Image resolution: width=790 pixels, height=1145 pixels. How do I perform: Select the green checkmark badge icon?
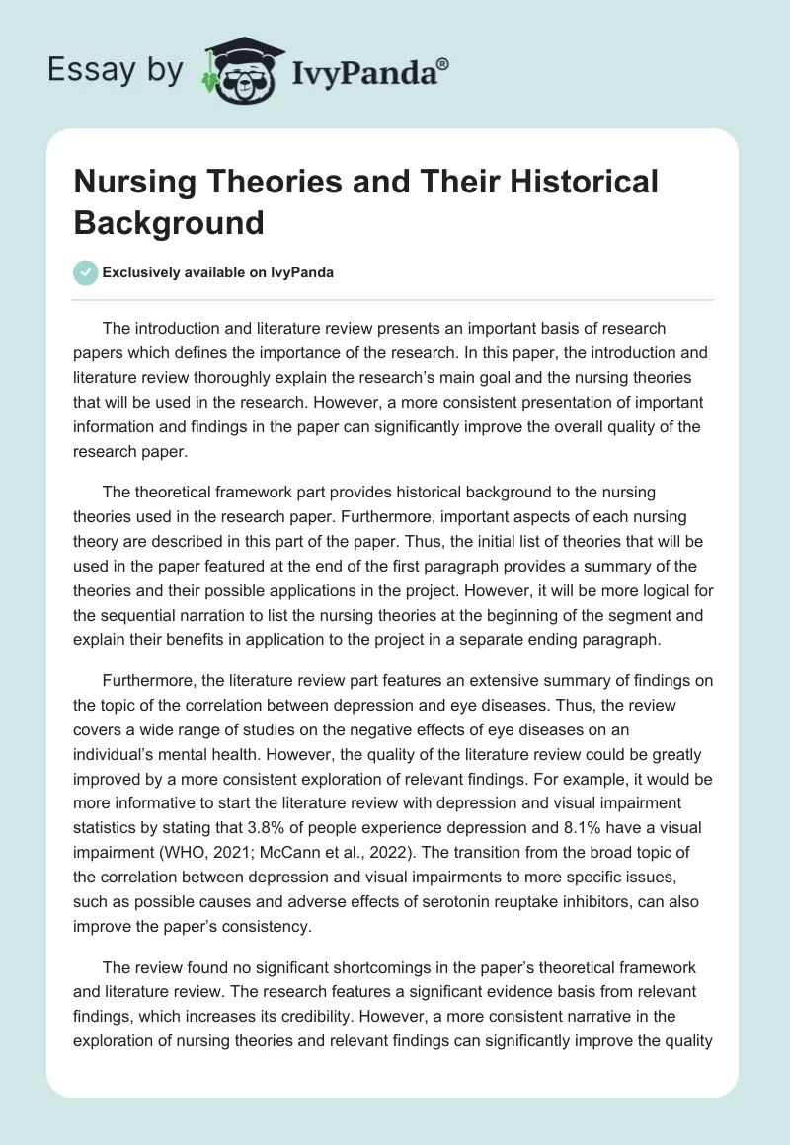(x=86, y=272)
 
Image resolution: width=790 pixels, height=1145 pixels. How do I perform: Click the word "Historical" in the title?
(x=572, y=183)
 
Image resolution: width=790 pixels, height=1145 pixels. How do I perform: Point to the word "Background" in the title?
(x=169, y=222)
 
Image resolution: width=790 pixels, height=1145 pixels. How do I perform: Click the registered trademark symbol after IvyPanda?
(x=442, y=63)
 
